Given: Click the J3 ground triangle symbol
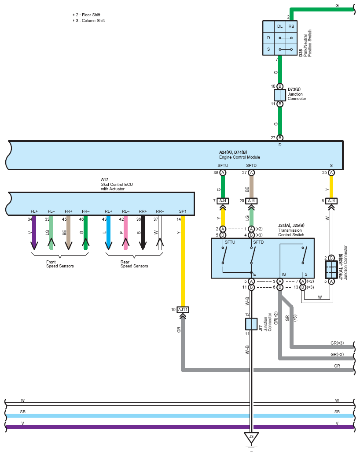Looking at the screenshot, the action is [x=251, y=437].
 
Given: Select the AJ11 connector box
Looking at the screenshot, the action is [x=183, y=310].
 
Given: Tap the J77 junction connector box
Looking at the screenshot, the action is [x=251, y=324].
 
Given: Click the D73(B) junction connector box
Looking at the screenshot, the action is [x=280, y=95].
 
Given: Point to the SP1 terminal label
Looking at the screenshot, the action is [x=183, y=211].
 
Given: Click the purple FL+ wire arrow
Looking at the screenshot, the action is [x=34, y=233].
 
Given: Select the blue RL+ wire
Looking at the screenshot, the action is [x=108, y=233].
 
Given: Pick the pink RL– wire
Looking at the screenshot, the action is [x=125, y=233].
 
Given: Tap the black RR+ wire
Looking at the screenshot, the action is [x=143, y=233].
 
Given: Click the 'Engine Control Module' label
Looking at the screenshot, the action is [x=239, y=157].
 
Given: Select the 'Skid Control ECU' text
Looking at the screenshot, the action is [x=117, y=184].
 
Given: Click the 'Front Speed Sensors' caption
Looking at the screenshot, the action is [x=60, y=264].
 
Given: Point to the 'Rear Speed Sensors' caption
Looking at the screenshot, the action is [x=134, y=264].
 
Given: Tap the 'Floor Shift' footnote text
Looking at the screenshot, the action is [x=91, y=15].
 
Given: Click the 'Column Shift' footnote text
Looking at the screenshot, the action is [x=93, y=21].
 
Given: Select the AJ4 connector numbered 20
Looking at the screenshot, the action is [x=251, y=201].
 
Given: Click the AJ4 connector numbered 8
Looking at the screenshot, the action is [x=331, y=201].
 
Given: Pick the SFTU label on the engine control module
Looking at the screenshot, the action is [x=223, y=166].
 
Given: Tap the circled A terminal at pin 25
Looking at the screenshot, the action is [x=331, y=173].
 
